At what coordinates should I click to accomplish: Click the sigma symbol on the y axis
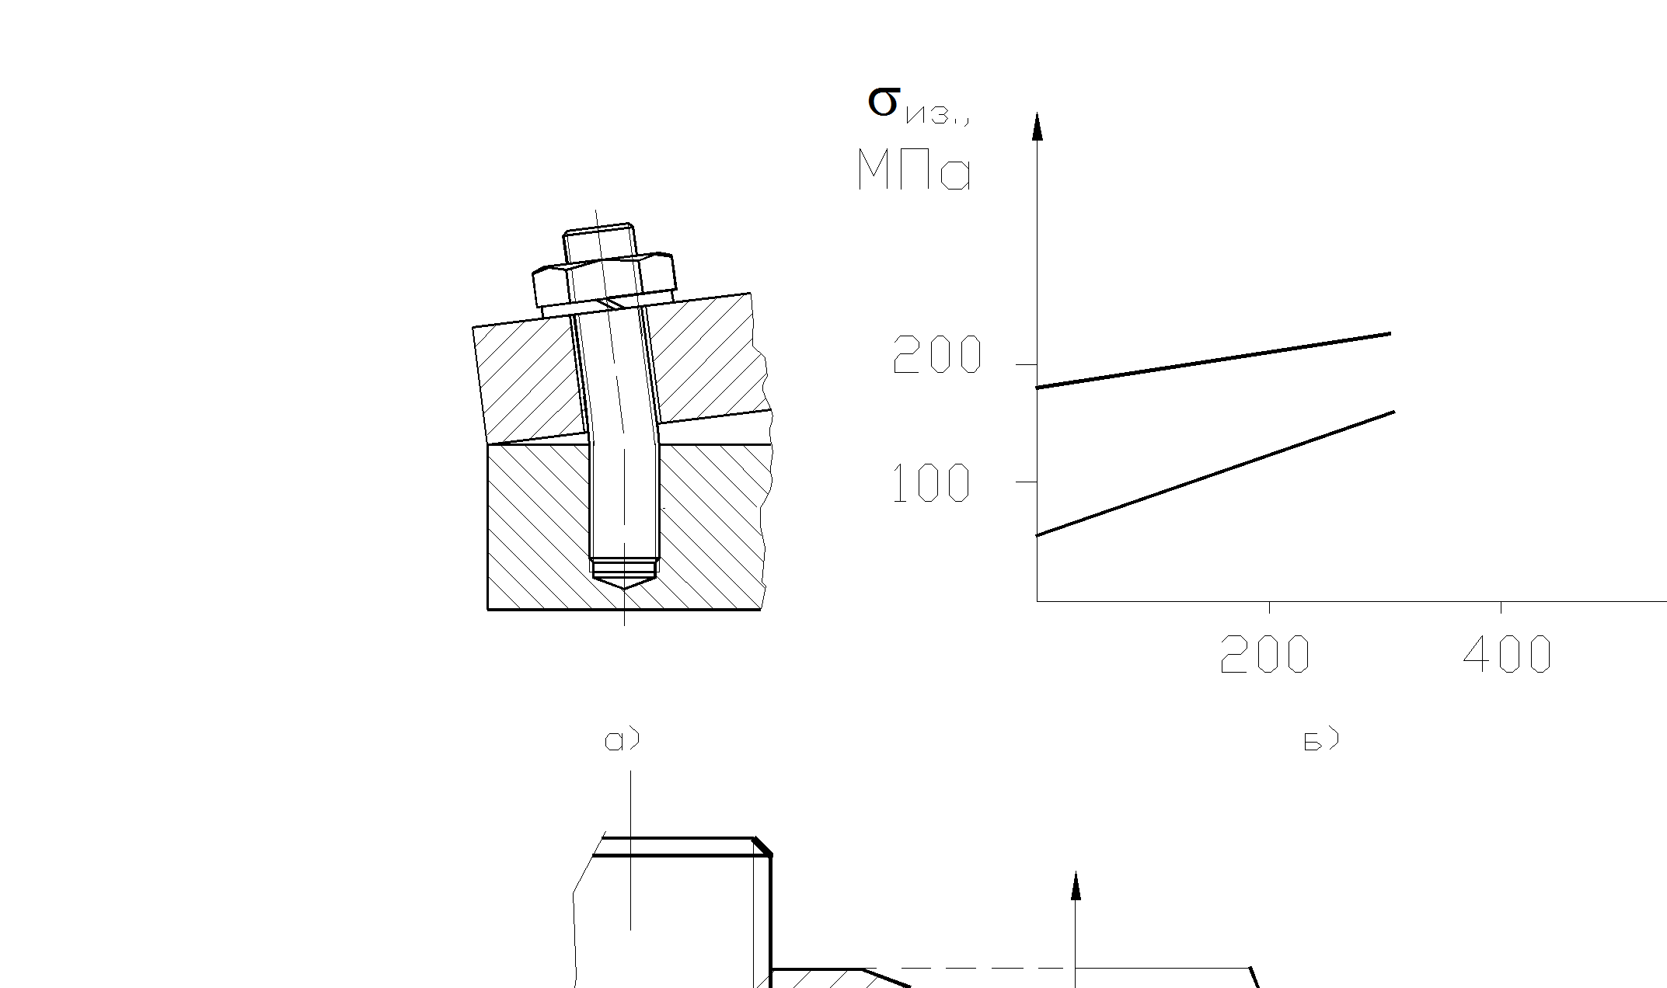tap(883, 102)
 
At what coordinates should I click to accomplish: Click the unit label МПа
tap(914, 171)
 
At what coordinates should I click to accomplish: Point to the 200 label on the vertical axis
tap(937, 355)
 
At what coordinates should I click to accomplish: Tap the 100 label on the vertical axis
tap(931, 483)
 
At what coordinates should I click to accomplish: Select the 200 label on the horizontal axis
tap(1264, 654)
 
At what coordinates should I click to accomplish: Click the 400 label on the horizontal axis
tap(1507, 654)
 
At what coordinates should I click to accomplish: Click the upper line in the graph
tap(1212, 360)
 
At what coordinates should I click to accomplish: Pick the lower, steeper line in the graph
tap(1212, 474)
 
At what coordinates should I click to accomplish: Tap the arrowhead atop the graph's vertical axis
tap(1037, 127)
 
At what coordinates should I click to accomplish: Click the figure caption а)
tap(622, 739)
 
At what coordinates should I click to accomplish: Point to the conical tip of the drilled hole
tap(624, 581)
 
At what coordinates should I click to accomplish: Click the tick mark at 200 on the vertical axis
tap(1026, 364)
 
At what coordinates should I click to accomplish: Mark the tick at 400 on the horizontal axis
tap(1501, 607)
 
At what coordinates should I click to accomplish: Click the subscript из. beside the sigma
tap(936, 117)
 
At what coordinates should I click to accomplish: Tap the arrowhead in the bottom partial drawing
tap(1076, 885)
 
